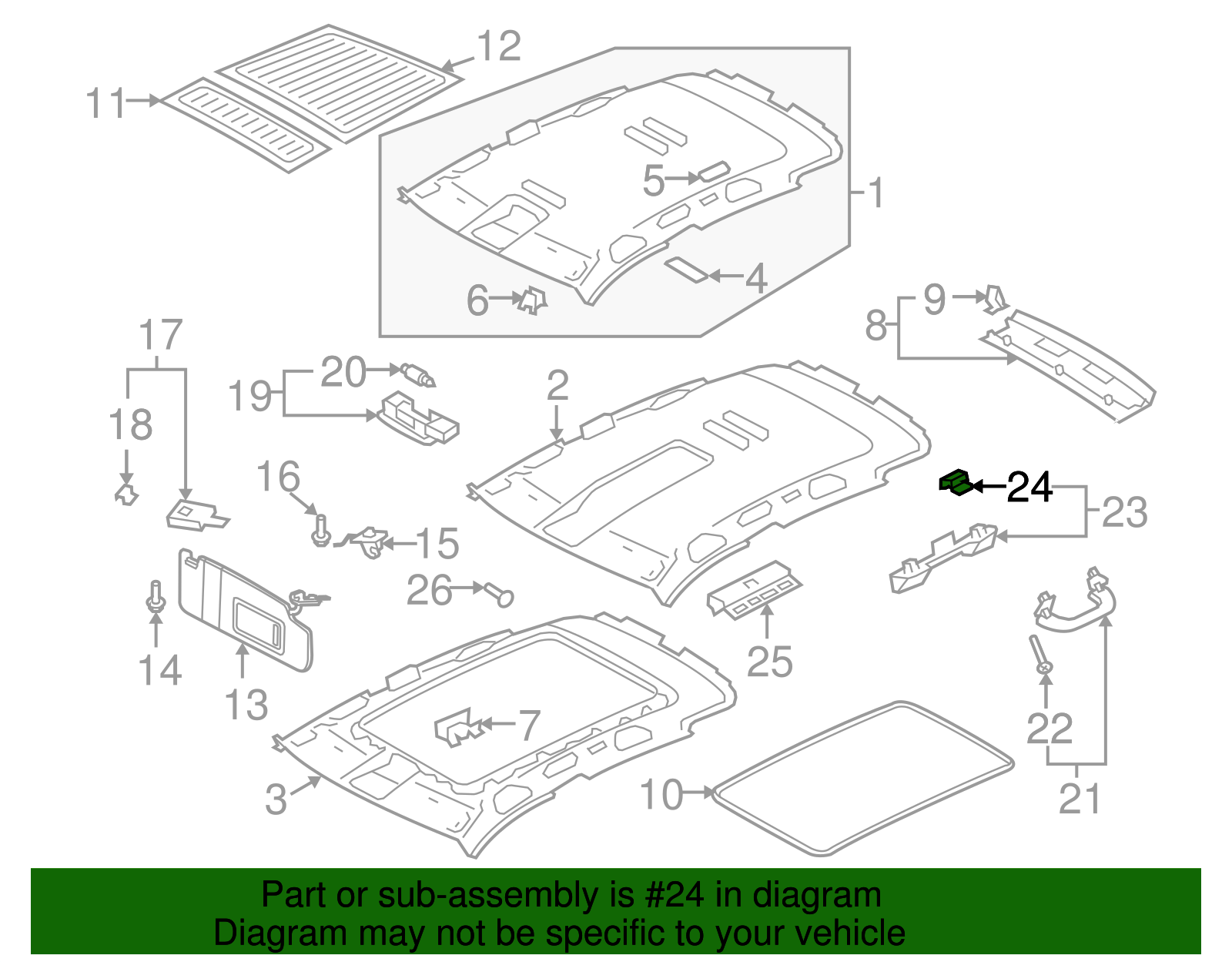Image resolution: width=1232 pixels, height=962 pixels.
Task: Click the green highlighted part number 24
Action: [955, 483]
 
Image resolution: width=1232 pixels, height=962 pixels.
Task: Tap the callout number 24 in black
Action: [1029, 488]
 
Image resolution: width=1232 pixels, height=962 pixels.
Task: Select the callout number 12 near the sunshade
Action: [499, 47]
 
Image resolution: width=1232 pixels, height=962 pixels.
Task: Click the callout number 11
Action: [105, 103]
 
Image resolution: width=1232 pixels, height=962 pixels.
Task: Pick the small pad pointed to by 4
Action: [687, 270]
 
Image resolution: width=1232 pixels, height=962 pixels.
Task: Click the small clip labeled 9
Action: [995, 299]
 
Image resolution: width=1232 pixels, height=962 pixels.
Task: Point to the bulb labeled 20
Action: [418, 375]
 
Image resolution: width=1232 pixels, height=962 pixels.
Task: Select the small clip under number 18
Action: [126, 494]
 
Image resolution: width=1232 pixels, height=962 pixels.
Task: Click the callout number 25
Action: [769, 662]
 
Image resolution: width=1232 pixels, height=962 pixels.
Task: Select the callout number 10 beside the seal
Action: [661, 794]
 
